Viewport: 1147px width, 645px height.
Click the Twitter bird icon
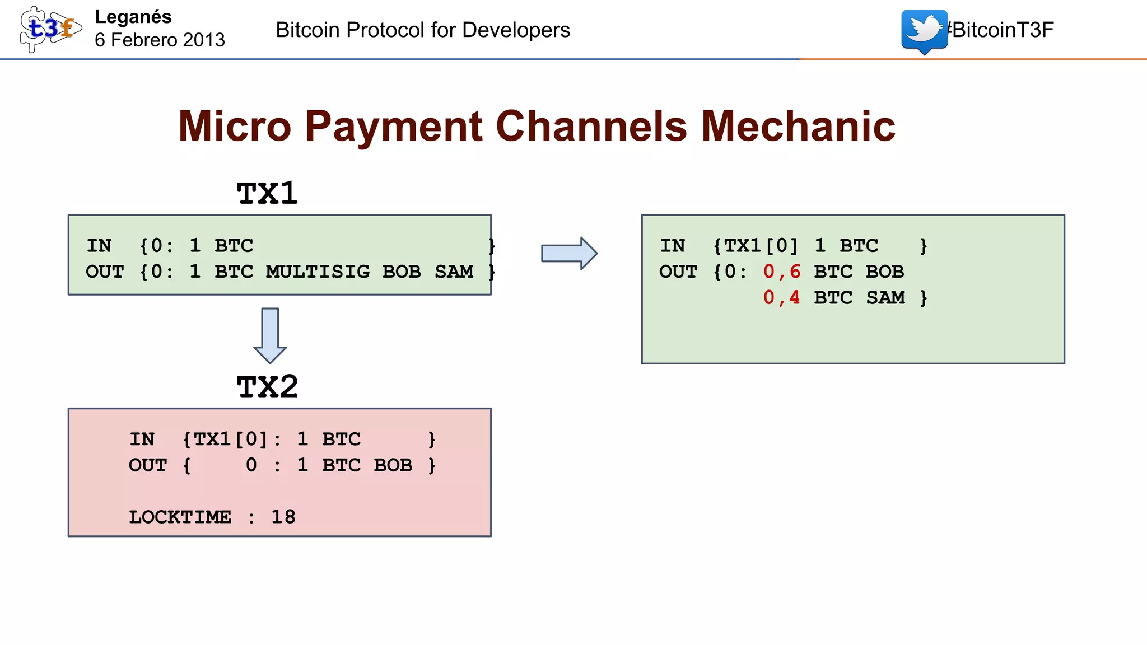924,30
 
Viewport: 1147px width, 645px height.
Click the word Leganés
133,17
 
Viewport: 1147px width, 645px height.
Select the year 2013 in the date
204,40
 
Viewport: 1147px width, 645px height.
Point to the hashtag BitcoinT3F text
1001,30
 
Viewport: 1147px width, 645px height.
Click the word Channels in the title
591,127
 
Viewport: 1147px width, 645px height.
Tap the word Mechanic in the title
798,127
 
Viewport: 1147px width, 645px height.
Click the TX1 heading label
267,194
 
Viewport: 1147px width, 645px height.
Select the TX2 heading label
267,387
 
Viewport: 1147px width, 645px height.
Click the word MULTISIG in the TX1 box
318,272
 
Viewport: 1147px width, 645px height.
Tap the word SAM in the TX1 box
454,272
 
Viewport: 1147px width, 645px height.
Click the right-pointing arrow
568,253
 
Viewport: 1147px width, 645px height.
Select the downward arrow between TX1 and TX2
270,335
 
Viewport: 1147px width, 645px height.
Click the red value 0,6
782,272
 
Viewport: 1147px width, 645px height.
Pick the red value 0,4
782,297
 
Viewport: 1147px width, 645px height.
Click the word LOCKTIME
180,517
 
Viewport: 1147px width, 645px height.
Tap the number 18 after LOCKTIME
283,517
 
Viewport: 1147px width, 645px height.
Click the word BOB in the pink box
393,465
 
